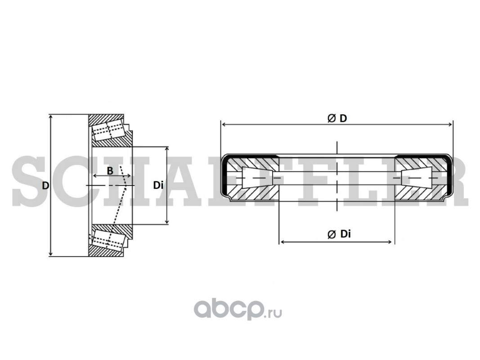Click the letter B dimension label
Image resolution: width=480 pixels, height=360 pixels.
click(x=110, y=171)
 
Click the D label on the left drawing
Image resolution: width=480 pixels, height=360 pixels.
click(x=45, y=185)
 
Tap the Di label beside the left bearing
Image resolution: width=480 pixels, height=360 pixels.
click(x=158, y=185)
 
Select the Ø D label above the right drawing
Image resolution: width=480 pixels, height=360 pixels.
click(x=337, y=118)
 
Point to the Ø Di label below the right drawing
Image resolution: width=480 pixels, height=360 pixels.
click(x=339, y=234)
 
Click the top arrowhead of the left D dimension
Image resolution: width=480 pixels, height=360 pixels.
click(x=51, y=117)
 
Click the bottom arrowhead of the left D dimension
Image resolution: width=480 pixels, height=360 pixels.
click(x=51, y=254)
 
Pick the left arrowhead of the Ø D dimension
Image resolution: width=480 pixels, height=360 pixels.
click(x=224, y=124)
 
